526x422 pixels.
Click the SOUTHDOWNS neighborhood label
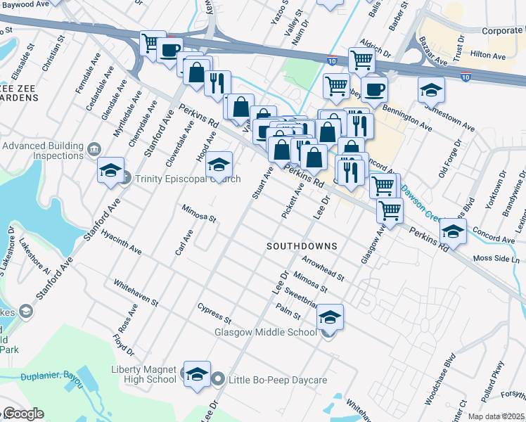(x=302, y=247)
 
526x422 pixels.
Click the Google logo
(x=23, y=414)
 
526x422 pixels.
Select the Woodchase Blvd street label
(x=440, y=380)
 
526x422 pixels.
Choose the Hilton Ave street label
(x=488, y=55)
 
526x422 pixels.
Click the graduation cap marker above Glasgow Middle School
(x=330, y=317)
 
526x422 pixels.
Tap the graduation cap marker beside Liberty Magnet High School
(x=197, y=374)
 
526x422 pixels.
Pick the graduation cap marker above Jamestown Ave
(x=431, y=90)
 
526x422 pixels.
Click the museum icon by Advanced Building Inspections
(x=94, y=150)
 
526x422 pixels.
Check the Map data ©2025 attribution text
(x=496, y=416)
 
